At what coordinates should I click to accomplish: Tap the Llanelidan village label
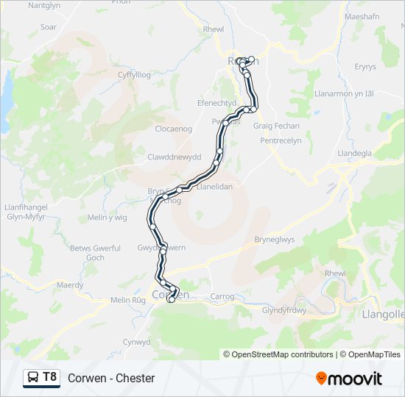(215, 187)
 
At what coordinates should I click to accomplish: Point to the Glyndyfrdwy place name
(283, 310)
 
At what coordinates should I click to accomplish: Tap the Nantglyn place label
(43, 5)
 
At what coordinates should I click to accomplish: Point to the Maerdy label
(70, 285)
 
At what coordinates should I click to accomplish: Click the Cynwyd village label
(136, 342)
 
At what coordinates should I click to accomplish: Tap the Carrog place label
(222, 297)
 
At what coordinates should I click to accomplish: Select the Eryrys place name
(364, 67)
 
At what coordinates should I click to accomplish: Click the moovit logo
(349, 378)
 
